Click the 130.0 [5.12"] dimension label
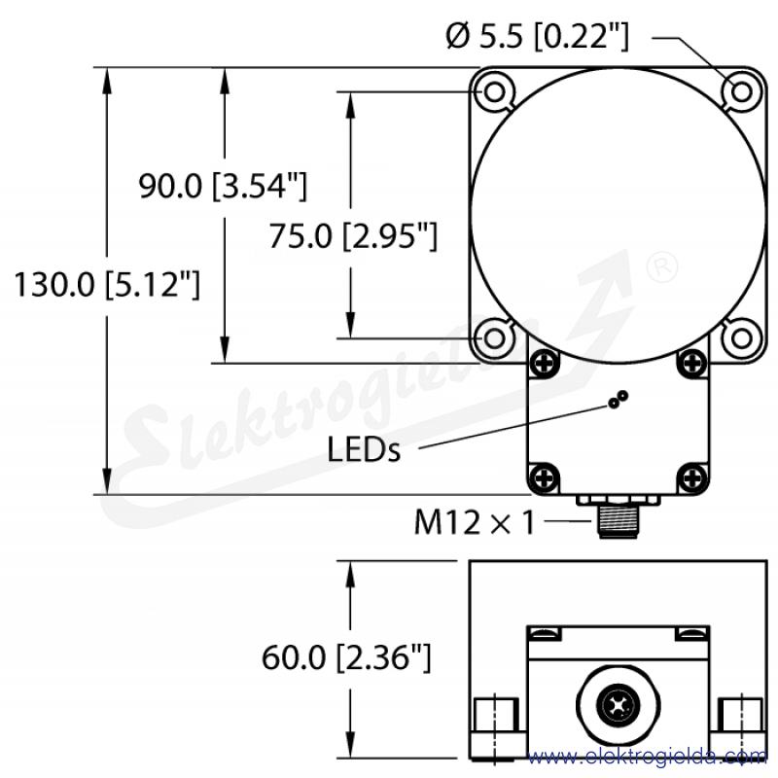(107, 284)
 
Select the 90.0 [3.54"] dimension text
(223, 186)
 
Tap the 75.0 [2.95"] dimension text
(353, 235)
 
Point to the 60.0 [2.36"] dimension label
(346, 657)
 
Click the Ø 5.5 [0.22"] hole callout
(538, 36)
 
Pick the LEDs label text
(364, 449)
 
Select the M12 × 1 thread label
(475, 522)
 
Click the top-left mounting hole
(494, 91)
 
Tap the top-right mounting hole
(741, 91)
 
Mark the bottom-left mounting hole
(494, 338)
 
